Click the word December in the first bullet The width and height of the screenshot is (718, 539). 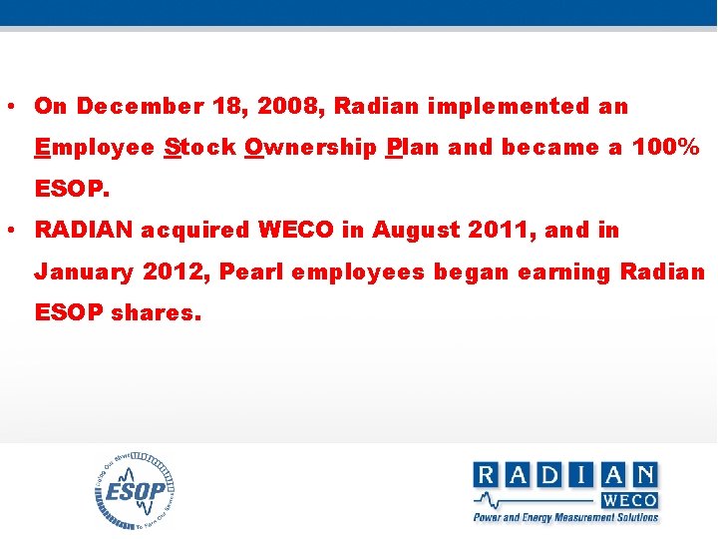(x=134, y=107)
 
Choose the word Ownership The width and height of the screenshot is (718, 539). (x=310, y=149)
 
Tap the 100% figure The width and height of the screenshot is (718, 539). (x=666, y=149)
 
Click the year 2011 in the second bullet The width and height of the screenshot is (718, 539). (x=500, y=231)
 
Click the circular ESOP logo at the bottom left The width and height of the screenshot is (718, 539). (x=137, y=491)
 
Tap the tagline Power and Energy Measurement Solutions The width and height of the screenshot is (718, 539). (x=565, y=517)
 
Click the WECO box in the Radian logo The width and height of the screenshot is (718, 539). (x=629, y=499)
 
